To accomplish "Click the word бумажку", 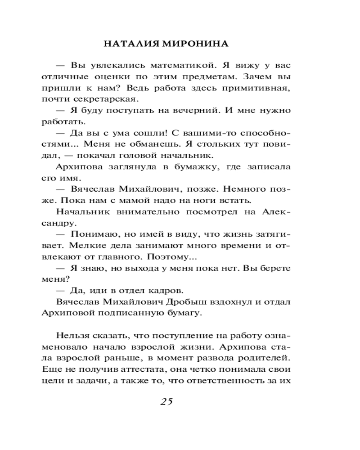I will [x=179, y=167].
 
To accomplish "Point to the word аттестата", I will [x=135, y=370].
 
